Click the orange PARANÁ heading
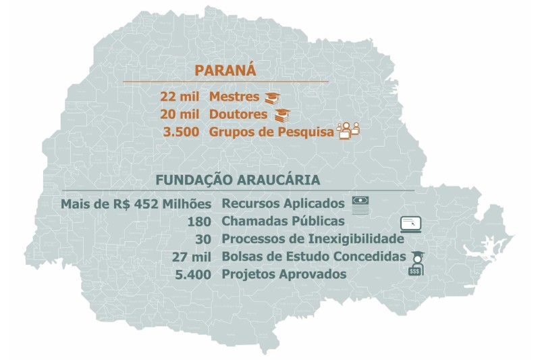pyautogui.click(x=225, y=70)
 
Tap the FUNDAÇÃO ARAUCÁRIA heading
pyautogui.click(x=238, y=180)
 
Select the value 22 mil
pyautogui.click(x=180, y=97)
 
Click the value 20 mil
pyautogui.click(x=180, y=114)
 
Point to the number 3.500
pyautogui.click(x=181, y=132)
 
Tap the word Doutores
pyautogui.click(x=238, y=114)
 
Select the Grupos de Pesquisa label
pyautogui.click(x=271, y=132)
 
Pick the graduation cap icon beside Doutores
pyautogui.click(x=281, y=115)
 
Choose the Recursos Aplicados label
pyautogui.click(x=283, y=203)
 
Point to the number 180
pyautogui.click(x=200, y=222)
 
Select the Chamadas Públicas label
pyautogui.click(x=283, y=222)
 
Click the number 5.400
pyautogui.click(x=193, y=274)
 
